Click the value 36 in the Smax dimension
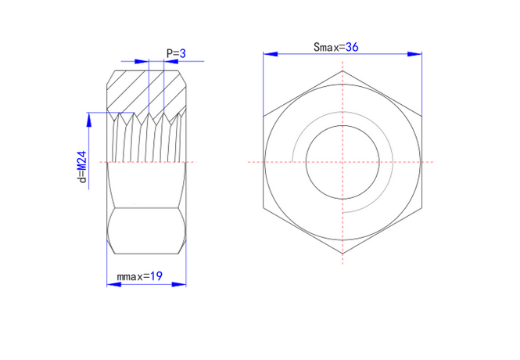[352, 47]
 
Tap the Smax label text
[327, 48]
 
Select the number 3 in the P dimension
[183, 53]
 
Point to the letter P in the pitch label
[170, 53]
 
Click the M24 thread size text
[82, 160]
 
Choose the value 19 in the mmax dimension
[156, 276]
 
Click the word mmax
[130, 276]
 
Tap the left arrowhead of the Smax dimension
[271, 54]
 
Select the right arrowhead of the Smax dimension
[415, 54]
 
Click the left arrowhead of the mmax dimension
[113, 284]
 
